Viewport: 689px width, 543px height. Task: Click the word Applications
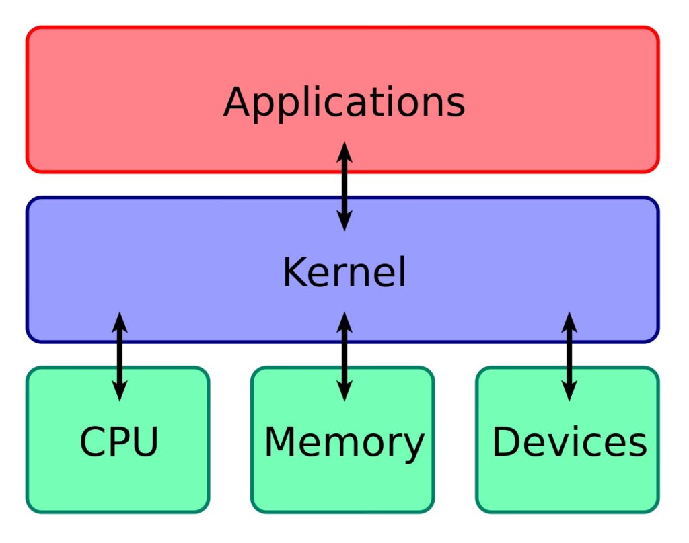[344, 102]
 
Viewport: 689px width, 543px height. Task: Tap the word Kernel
[344, 273]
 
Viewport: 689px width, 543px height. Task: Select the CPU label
[119, 442]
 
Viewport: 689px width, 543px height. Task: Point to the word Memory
[344, 442]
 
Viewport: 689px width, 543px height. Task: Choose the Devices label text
[569, 442]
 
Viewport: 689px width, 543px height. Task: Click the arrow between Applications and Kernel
[344, 186]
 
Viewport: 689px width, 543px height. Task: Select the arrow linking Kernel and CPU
[119, 356]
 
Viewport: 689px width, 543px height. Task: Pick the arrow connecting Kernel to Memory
[344, 356]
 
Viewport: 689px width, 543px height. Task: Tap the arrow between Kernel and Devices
[569, 356]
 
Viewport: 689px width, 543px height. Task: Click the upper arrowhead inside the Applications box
[344, 151]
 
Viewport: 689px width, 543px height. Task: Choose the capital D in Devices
[507, 442]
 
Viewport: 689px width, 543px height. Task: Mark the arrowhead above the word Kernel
[344, 222]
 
